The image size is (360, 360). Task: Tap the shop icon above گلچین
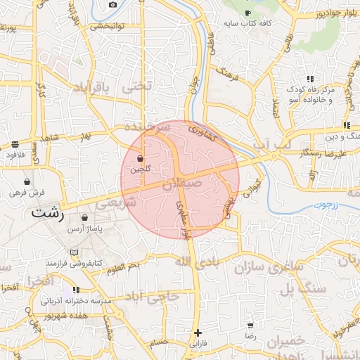(141, 158)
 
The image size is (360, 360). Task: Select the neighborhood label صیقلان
(182, 186)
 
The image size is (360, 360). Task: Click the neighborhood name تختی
(136, 86)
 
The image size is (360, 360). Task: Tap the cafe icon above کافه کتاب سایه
(247, 13)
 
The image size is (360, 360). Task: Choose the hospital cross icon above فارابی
(198, 333)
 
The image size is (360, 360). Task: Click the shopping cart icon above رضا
(250, 326)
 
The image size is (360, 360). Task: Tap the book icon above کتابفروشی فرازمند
(74, 252)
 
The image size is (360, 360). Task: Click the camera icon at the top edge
(113, 4)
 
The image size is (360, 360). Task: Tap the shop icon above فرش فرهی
(27, 181)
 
